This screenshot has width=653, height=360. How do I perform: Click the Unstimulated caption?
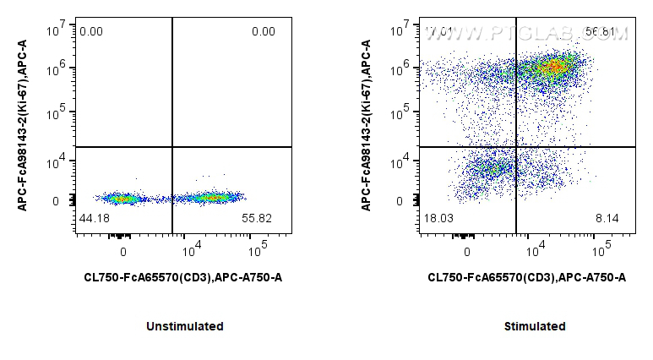[x=184, y=326]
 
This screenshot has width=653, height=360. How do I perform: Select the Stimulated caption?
[x=535, y=326]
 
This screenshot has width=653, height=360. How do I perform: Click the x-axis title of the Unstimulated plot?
[x=183, y=277]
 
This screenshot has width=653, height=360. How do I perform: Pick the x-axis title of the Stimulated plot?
[x=527, y=277]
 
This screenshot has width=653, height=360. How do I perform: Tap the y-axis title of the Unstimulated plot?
[x=24, y=127]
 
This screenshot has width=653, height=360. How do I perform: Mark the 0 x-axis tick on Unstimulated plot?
[x=123, y=251]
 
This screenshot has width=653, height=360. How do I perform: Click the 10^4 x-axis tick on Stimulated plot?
[x=534, y=249]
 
